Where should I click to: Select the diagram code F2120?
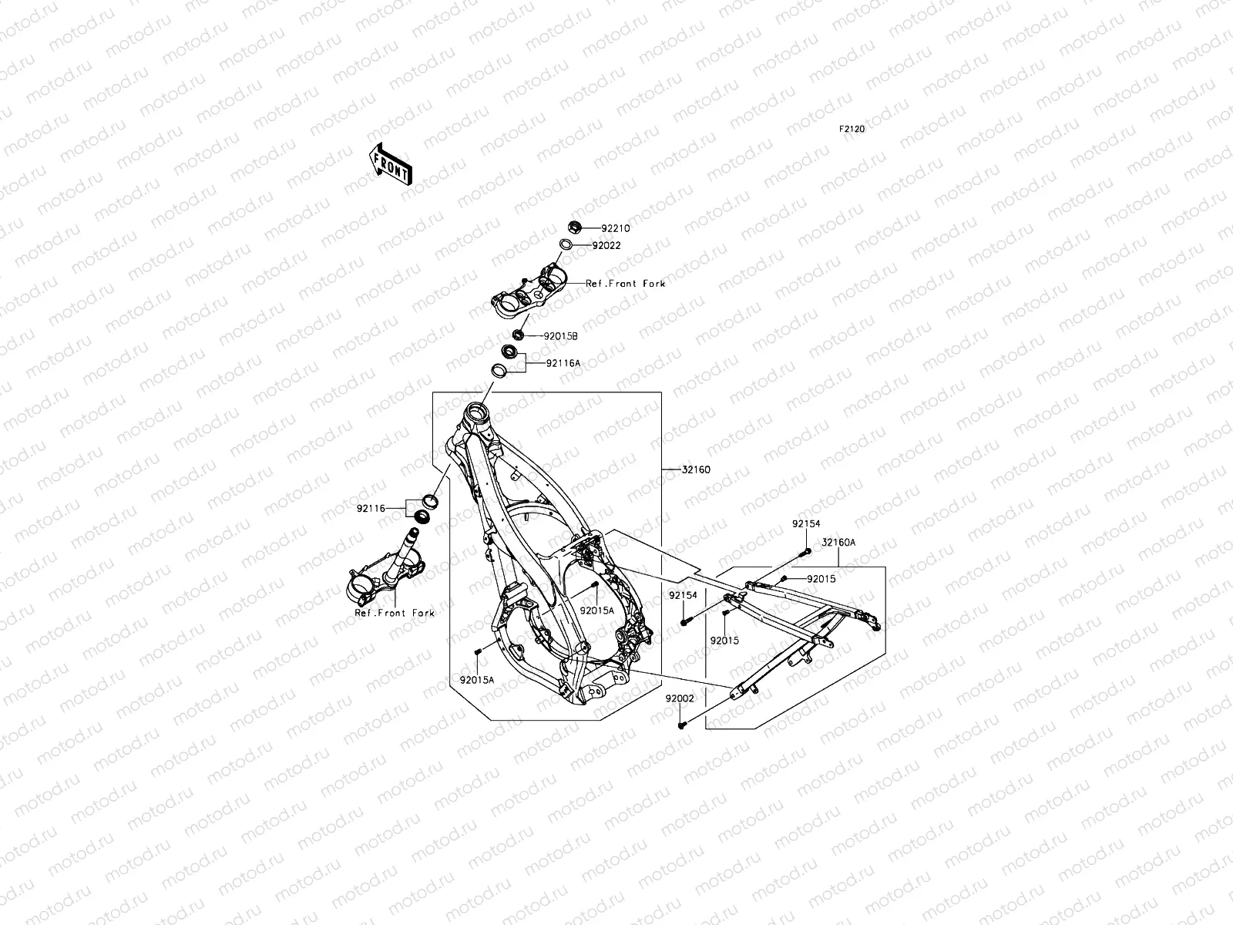(852, 129)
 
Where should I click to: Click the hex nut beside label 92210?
(573, 227)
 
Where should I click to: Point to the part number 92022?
(606, 246)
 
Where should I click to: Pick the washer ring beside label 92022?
(565, 245)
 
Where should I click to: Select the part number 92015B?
(561, 336)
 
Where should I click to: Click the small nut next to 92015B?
(518, 334)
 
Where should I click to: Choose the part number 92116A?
(563, 362)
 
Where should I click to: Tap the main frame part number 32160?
(696, 469)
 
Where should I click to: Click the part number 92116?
(371, 508)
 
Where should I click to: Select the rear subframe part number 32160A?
(838, 543)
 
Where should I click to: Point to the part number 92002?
(680, 698)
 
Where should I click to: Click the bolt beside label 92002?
(682, 725)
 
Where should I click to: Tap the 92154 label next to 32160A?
(805, 524)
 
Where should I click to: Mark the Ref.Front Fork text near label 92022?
(625, 284)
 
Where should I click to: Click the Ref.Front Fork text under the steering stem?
(395, 614)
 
